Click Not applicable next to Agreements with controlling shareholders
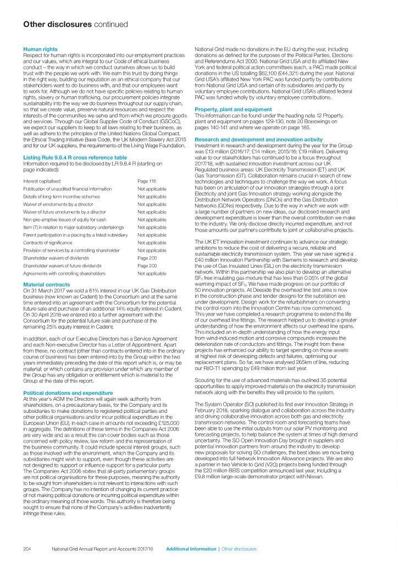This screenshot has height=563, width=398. [152, 273]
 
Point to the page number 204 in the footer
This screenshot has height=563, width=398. [27, 549]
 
